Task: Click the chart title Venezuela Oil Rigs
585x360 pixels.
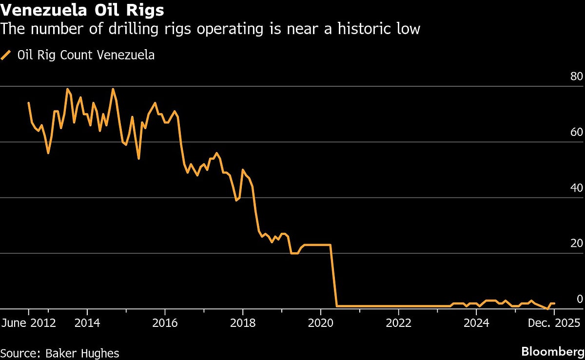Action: pos(82,9)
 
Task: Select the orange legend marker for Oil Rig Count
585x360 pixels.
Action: pos(6,55)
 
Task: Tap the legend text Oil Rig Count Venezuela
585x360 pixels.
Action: pos(86,55)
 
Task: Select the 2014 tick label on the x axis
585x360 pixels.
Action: pos(87,322)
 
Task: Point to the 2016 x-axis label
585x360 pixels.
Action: pos(165,322)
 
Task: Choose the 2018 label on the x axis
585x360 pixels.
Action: pos(243,322)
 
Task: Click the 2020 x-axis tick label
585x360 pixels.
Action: pos(321,322)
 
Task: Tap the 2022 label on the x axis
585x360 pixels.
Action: pos(399,322)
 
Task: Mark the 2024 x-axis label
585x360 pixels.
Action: pos(476,322)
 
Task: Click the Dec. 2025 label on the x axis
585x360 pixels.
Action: pos(554,322)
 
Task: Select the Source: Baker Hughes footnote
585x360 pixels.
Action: pos(59,353)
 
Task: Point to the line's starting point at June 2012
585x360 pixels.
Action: pos(28,103)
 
